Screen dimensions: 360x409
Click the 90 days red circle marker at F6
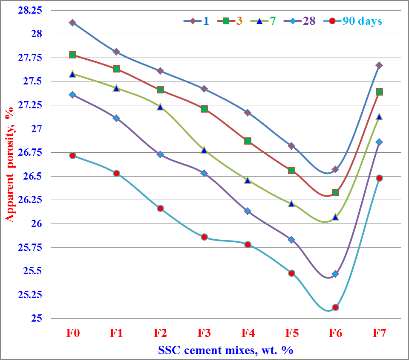(335, 307)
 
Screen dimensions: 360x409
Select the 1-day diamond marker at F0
(72, 23)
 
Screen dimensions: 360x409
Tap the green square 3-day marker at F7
(379, 92)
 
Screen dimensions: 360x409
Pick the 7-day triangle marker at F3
(204, 150)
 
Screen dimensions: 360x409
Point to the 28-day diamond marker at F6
(335, 274)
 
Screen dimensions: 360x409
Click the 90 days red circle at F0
(72, 156)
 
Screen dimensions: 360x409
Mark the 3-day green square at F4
(248, 141)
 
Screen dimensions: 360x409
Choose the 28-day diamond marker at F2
(160, 154)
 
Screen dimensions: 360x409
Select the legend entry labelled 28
(309, 21)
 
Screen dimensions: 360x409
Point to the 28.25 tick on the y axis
(30, 10)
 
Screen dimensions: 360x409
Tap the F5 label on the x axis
(291, 333)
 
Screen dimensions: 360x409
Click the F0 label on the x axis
(72, 333)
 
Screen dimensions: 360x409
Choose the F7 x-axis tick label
(379, 333)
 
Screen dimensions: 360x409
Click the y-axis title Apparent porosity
(10, 164)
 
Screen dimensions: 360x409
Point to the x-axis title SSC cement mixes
(226, 350)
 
